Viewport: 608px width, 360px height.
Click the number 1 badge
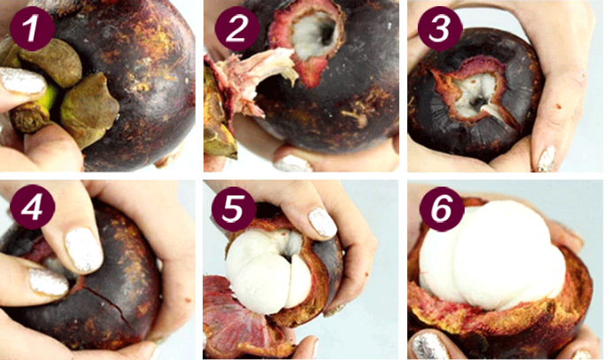tap(32, 28)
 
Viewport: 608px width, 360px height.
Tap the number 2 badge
tap(237, 28)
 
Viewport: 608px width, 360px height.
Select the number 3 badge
tap(440, 28)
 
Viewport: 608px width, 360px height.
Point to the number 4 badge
tap(32, 208)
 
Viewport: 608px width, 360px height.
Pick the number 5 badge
tap(234, 210)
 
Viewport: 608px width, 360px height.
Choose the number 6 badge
tap(442, 210)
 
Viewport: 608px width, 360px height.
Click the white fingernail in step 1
tap(22, 81)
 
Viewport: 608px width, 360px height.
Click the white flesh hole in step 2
tap(315, 34)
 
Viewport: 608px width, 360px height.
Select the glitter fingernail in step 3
tap(546, 159)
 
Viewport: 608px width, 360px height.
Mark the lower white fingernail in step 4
tap(49, 282)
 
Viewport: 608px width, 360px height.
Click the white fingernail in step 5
tap(323, 222)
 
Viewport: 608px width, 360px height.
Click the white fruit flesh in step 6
tap(492, 256)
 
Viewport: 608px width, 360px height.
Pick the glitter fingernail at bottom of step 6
tap(429, 346)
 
